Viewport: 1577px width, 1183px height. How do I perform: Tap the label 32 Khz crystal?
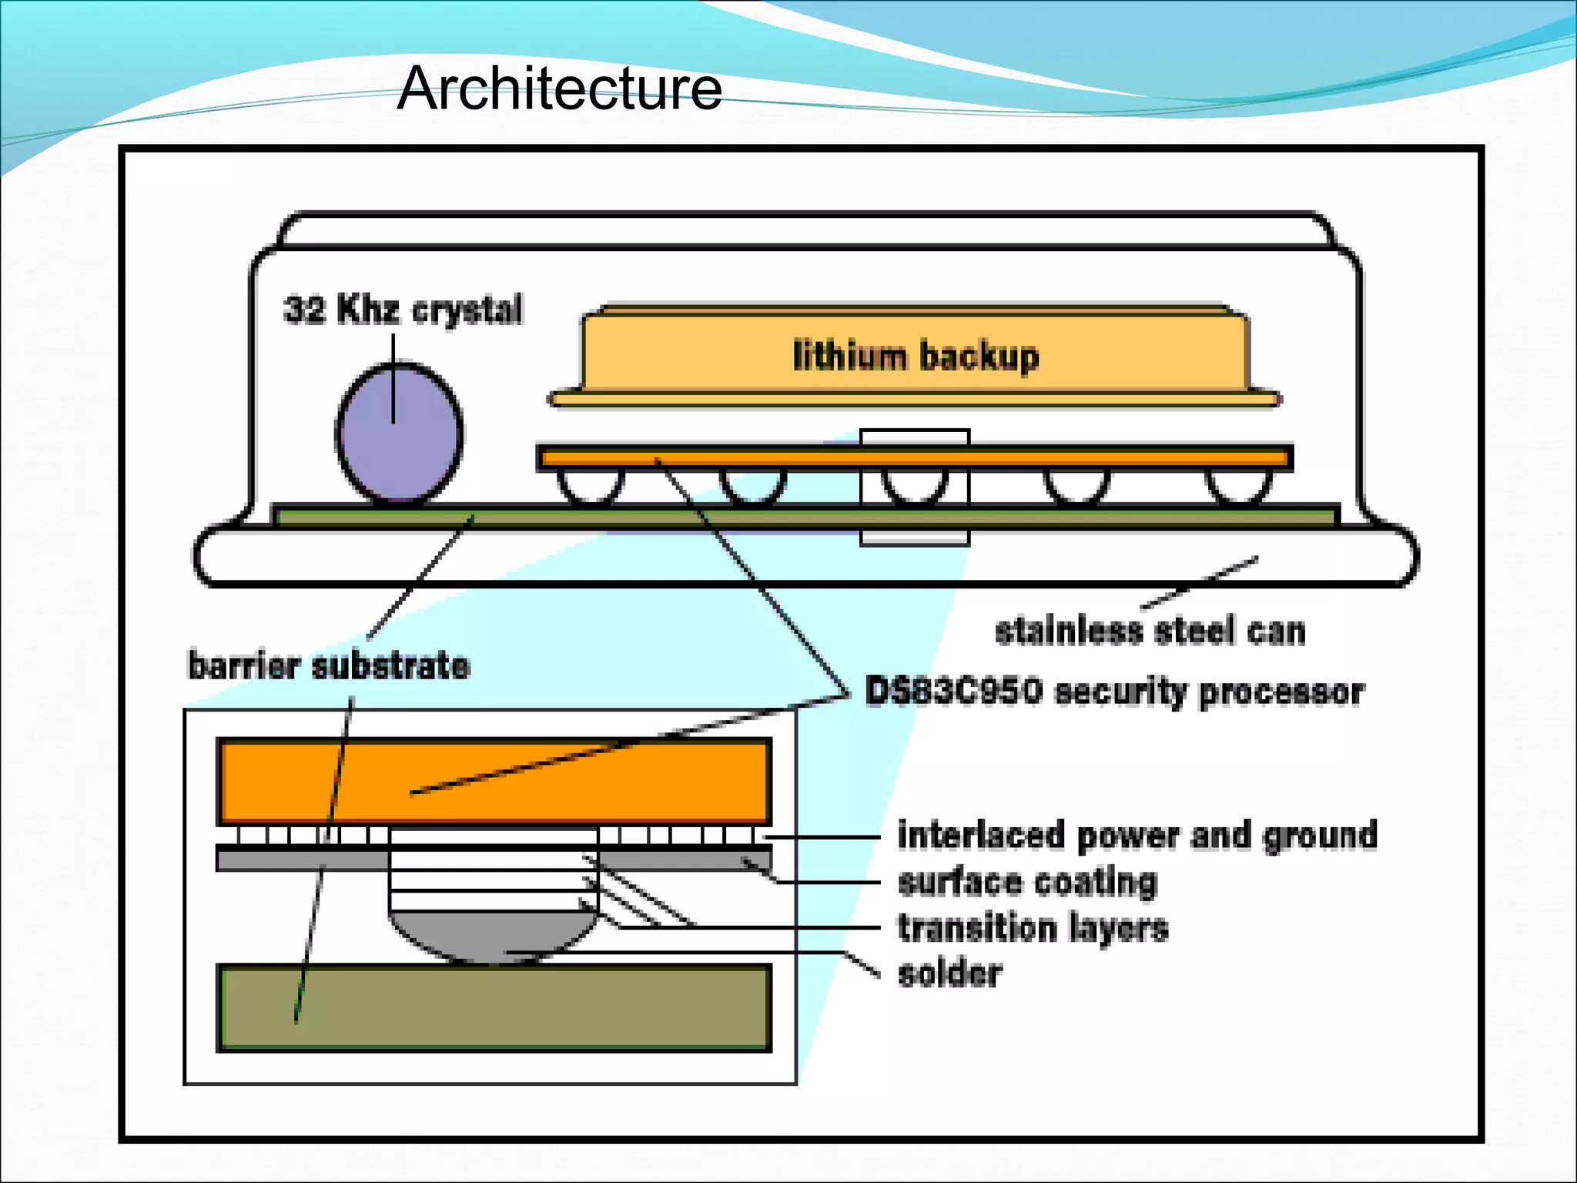[403, 310]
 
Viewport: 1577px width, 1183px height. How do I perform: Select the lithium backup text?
[916, 357]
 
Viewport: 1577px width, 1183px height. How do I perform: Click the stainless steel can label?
[1150, 631]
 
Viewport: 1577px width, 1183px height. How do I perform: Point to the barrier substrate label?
[329, 665]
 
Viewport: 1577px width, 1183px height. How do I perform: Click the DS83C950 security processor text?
[1114, 691]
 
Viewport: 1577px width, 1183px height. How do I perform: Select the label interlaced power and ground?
[1137, 836]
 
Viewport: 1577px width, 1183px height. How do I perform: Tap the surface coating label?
[1027, 882]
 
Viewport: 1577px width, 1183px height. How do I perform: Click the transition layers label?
[1033, 927]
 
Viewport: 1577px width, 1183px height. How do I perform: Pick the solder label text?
[950, 974]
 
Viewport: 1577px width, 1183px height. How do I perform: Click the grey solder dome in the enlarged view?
[493, 936]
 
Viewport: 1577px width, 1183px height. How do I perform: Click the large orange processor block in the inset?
[494, 781]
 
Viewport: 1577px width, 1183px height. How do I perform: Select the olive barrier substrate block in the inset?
[494, 1007]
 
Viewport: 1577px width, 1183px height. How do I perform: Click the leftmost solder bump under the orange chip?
[590, 485]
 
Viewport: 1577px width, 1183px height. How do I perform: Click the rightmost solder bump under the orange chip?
[1238, 485]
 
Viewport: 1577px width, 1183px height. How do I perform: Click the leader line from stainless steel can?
[1200, 583]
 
